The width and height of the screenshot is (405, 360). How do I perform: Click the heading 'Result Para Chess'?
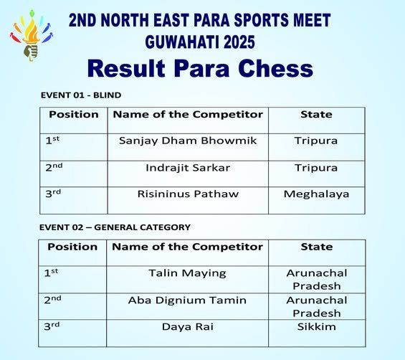[x=200, y=68]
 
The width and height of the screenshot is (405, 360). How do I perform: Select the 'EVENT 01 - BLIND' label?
[x=81, y=95]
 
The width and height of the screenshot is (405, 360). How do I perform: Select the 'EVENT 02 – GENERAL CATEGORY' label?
[x=115, y=227]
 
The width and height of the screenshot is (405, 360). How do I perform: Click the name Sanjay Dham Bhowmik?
[x=188, y=141]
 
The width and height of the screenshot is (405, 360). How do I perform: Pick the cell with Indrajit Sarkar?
[x=188, y=168]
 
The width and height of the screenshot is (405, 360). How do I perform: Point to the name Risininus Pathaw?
[x=188, y=194]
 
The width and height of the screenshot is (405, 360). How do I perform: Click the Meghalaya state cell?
[x=316, y=194]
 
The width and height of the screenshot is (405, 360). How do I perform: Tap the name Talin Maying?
[x=187, y=273]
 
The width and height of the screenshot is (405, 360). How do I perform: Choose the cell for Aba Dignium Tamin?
[x=187, y=300]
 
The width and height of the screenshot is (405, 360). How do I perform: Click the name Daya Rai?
[x=187, y=326]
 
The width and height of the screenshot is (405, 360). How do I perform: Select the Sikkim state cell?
[x=316, y=326]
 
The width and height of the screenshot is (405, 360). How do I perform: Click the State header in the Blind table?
[x=316, y=115]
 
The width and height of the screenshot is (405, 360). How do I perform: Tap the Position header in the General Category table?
[x=72, y=247]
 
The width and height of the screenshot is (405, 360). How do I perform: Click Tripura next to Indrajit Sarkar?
[x=316, y=168]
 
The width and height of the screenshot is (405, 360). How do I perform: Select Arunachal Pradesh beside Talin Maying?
[x=316, y=280]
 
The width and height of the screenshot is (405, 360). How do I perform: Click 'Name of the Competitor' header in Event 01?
[x=188, y=115]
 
